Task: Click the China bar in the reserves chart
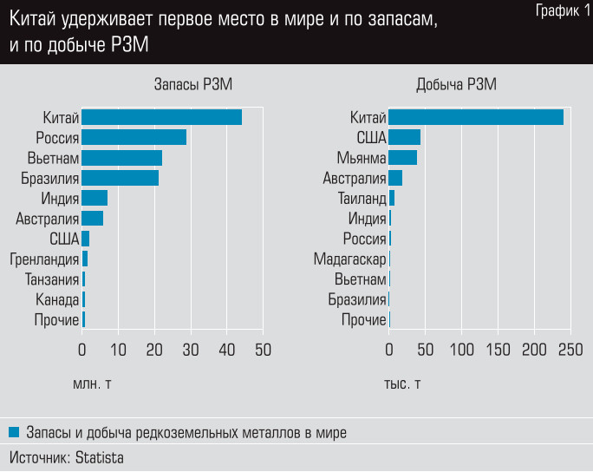pos(162,117)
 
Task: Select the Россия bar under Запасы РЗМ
pos(134,137)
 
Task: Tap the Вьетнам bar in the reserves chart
pos(122,158)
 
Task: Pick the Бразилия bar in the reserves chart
pos(121,178)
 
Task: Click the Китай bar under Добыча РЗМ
pos(476,117)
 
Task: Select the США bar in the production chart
pos(404,137)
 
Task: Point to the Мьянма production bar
pos(402,158)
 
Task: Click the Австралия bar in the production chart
pos(395,178)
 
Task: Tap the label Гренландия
pos(44,259)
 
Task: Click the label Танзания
pos(50,279)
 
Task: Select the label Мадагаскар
pos(350,259)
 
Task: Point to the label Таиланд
pos(362,198)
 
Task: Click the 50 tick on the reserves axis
pos(263,350)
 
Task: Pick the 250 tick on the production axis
pos(570,350)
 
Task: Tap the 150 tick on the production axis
pos(498,350)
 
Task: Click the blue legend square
pos(14,431)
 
